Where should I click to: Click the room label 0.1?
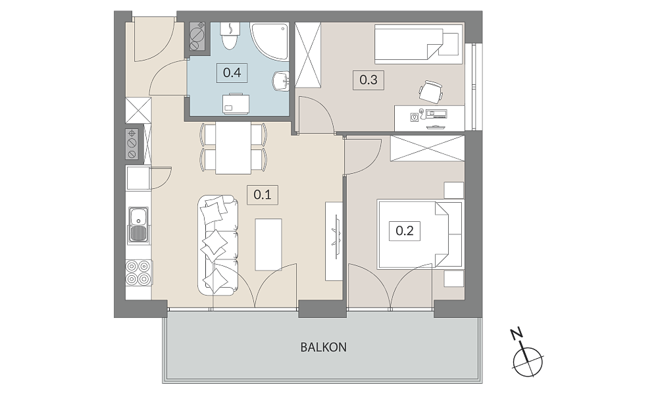pos(263,195)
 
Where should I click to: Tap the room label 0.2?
pos(405,230)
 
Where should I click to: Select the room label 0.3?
pos(368,80)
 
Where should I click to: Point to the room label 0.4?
pos(232,72)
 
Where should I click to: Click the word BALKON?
pos(324,347)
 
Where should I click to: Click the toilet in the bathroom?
pos(230,36)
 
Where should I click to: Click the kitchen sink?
pos(138,225)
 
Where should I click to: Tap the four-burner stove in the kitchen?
pos(138,273)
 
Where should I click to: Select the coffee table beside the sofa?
pos(268,244)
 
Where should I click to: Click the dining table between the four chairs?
pos(234,148)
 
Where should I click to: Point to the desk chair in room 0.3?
pos(431,91)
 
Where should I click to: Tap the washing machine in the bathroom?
pos(236,103)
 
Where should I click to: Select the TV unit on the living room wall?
pos(334,242)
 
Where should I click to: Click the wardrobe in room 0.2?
pos(427,148)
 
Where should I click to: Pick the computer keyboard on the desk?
pos(436,113)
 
